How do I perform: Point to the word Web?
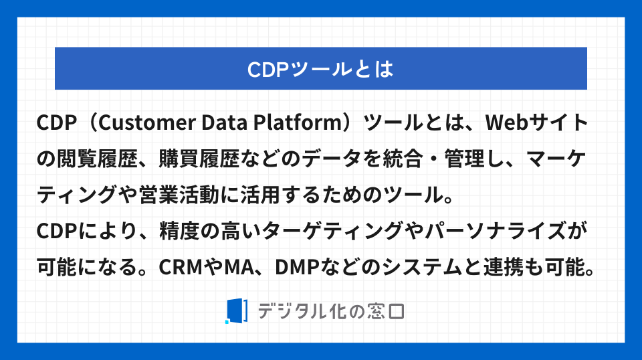(x=506, y=122)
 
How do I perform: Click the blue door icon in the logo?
(x=236, y=311)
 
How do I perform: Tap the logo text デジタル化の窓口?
(x=331, y=311)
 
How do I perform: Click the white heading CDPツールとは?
(x=320, y=69)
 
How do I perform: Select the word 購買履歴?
(x=199, y=159)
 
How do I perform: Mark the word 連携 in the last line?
(x=504, y=268)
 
